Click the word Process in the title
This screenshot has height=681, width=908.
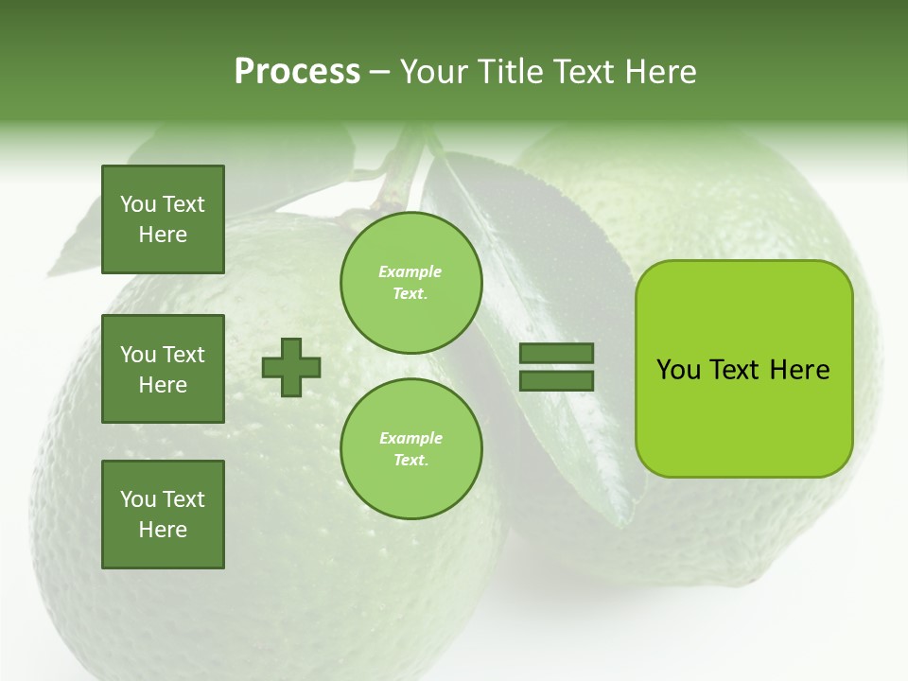297,72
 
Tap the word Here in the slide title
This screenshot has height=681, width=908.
658,72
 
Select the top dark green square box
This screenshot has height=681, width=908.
163,219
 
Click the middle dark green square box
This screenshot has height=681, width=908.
163,369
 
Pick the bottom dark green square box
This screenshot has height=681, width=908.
163,515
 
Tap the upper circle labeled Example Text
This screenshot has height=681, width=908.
410,282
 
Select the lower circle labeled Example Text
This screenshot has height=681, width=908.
410,448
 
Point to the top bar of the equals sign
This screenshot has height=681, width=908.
556,353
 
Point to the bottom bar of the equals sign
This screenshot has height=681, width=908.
556,380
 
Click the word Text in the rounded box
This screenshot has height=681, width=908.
734,370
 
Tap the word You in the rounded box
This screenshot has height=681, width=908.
679,370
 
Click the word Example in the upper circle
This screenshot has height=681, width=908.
410,271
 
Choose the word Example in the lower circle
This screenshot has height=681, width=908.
410,438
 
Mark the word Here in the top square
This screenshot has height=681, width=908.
163,235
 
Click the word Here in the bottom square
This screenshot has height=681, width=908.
163,530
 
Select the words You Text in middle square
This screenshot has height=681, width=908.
163,355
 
